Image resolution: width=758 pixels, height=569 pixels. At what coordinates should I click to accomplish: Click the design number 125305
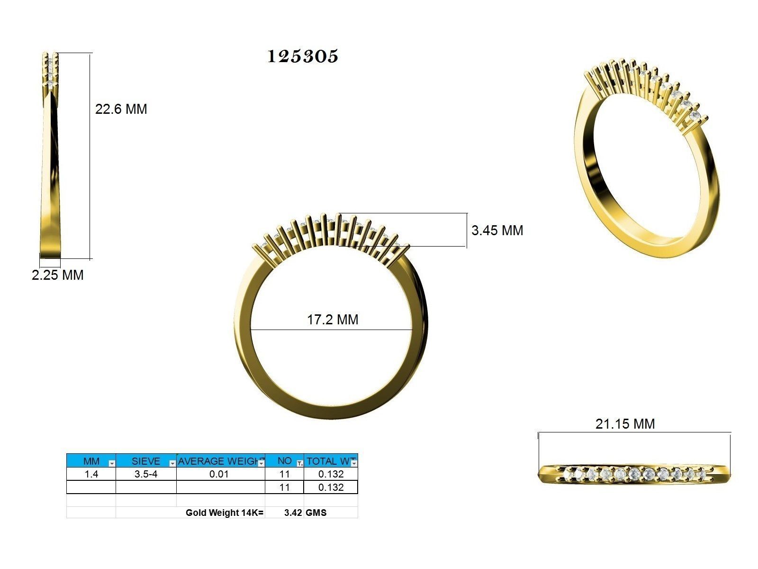pyautogui.click(x=303, y=56)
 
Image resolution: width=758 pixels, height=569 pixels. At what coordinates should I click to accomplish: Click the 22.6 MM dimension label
pyautogui.click(x=121, y=109)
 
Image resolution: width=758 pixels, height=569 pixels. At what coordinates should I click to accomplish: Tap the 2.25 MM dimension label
pyautogui.click(x=57, y=275)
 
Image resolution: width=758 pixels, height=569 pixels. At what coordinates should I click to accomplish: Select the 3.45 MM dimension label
pyautogui.click(x=497, y=230)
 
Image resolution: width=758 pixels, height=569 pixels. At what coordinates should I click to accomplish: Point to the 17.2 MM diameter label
pyautogui.click(x=333, y=320)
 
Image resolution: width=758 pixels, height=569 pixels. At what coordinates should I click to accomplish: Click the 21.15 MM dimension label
pyautogui.click(x=625, y=423)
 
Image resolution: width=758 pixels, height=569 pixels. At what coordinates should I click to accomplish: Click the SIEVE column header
pyautogui.click(x=146, y=461)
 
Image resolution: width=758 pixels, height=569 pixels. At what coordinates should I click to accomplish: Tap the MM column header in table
pyautogui.click(x=91, y=461)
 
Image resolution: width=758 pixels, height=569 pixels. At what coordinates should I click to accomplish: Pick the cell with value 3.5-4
pyautogui.click(x=146, y=474)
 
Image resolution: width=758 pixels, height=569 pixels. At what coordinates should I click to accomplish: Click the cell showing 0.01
pyautogui.click(x=219, y=474)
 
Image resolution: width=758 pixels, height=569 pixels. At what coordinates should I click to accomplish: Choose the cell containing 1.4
pyautogui.click(x=91, y=474)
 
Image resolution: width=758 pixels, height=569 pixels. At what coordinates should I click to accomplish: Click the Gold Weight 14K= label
pyautogui.click(x=224, y=513)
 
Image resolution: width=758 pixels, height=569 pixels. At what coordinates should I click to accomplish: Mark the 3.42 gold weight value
pyautogui.click(x=293, y=513)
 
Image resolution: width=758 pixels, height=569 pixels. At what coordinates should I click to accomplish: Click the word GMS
pyautogui.click(x=316, y=513)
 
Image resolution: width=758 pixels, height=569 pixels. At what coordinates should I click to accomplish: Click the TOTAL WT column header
pyautogui.click(x=328, y=461)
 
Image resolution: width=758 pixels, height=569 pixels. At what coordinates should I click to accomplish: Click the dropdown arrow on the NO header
pyautogui.click(x=299, y=463)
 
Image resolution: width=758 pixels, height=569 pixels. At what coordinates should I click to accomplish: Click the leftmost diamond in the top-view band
pyautogui.click(x=566, y=473)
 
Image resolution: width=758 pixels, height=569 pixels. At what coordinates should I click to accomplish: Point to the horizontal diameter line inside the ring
pyautogui.click(x=284, y=330)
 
